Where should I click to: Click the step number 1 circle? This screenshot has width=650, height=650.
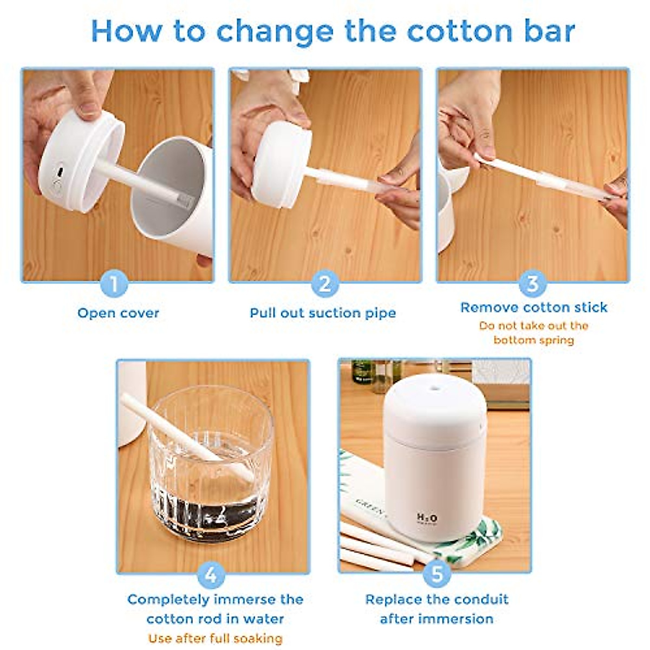pyautogui.click(x=114, y=283)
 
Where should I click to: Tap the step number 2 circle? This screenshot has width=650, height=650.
pyautogui.click(x=324, y=283)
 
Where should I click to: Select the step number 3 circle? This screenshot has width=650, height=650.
pyautogui.click(x=532, y=283)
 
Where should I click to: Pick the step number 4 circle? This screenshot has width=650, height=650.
pyautogui.click(x=211, y=575)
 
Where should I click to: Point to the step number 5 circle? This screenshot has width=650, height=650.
pyautogui.click(x=437, y=575)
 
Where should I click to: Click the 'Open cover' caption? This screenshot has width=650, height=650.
pyautogui.click(x=118, y=313)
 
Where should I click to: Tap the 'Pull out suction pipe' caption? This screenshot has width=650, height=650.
pyautogui.click(x=323, y=313)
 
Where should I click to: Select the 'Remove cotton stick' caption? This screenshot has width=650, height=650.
pyautogui.click(x=534, y=307)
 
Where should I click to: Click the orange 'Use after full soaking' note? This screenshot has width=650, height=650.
pyautogui.click(x=215, y=638)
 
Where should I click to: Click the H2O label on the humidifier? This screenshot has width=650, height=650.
pyautogui.click(x=427, y=518)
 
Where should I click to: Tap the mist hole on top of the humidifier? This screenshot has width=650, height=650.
pyautogui.click(x=433, y=387)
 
